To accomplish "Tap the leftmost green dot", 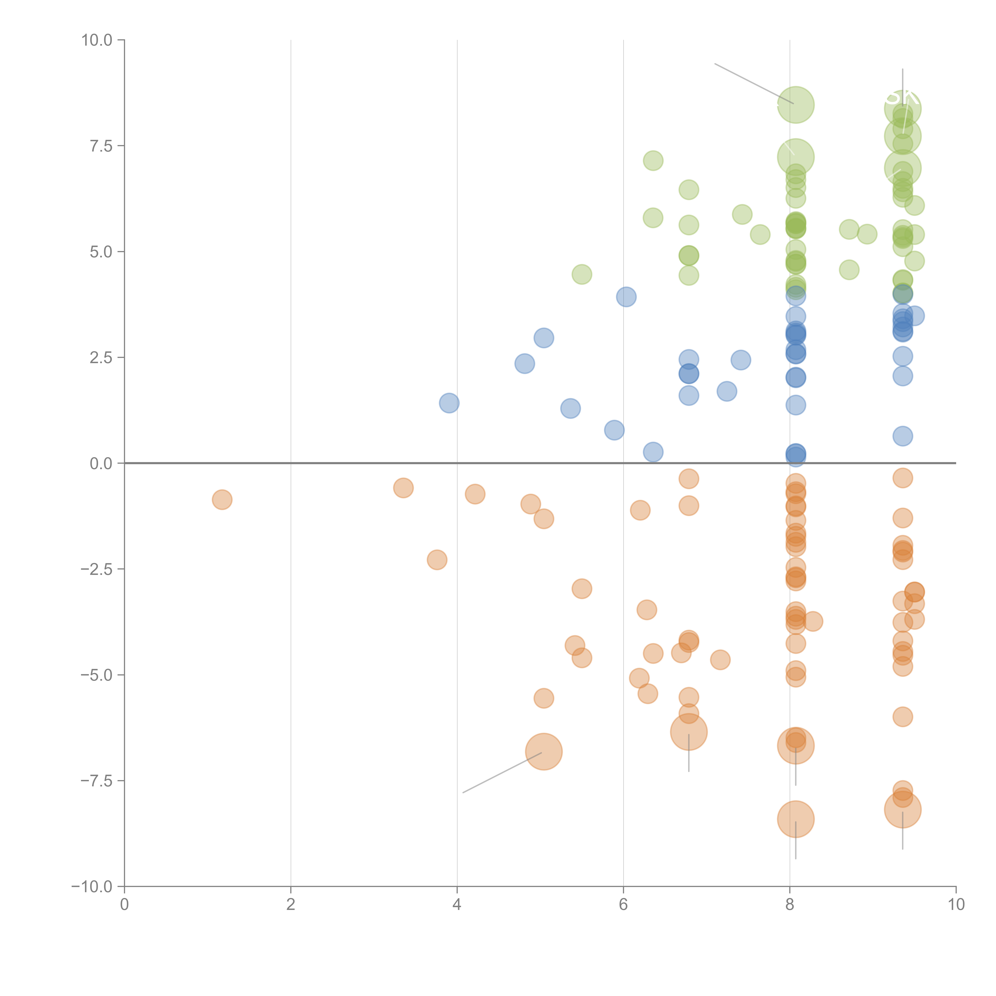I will (581, 274).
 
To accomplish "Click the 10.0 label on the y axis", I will (97, 40).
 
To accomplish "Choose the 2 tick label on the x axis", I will (291, 905).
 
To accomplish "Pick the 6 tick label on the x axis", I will (623, 905).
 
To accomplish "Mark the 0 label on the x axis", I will (124, 905).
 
